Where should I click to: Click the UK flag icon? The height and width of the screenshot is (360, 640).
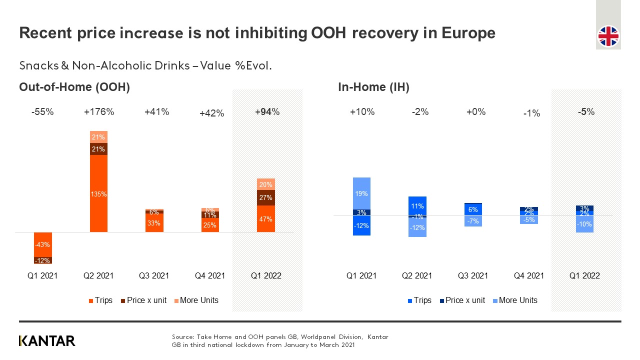608,36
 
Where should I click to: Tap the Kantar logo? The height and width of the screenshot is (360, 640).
47,341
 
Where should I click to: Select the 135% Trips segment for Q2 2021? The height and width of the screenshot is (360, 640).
98,194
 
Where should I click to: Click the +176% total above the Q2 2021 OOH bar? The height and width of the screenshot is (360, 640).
99,112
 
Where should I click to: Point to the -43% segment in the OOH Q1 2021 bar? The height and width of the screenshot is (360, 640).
42,244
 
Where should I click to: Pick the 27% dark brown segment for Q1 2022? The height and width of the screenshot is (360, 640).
266,197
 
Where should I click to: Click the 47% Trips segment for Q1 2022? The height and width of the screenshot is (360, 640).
266,219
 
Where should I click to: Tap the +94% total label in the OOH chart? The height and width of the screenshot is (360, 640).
267,112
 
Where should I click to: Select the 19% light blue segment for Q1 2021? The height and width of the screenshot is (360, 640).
361,193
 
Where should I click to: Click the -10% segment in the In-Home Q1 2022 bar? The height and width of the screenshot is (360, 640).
585,224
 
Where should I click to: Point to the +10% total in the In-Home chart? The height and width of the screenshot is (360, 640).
362,112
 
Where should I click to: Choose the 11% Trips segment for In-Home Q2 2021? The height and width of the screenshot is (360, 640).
417,205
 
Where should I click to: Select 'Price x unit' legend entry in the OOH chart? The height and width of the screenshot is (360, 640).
143,300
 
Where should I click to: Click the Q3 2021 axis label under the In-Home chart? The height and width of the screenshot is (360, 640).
473,275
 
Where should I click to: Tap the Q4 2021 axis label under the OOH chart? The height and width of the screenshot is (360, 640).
210,275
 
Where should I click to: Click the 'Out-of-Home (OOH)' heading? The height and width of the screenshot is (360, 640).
74,87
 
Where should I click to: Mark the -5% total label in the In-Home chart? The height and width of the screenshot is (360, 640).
585,112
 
